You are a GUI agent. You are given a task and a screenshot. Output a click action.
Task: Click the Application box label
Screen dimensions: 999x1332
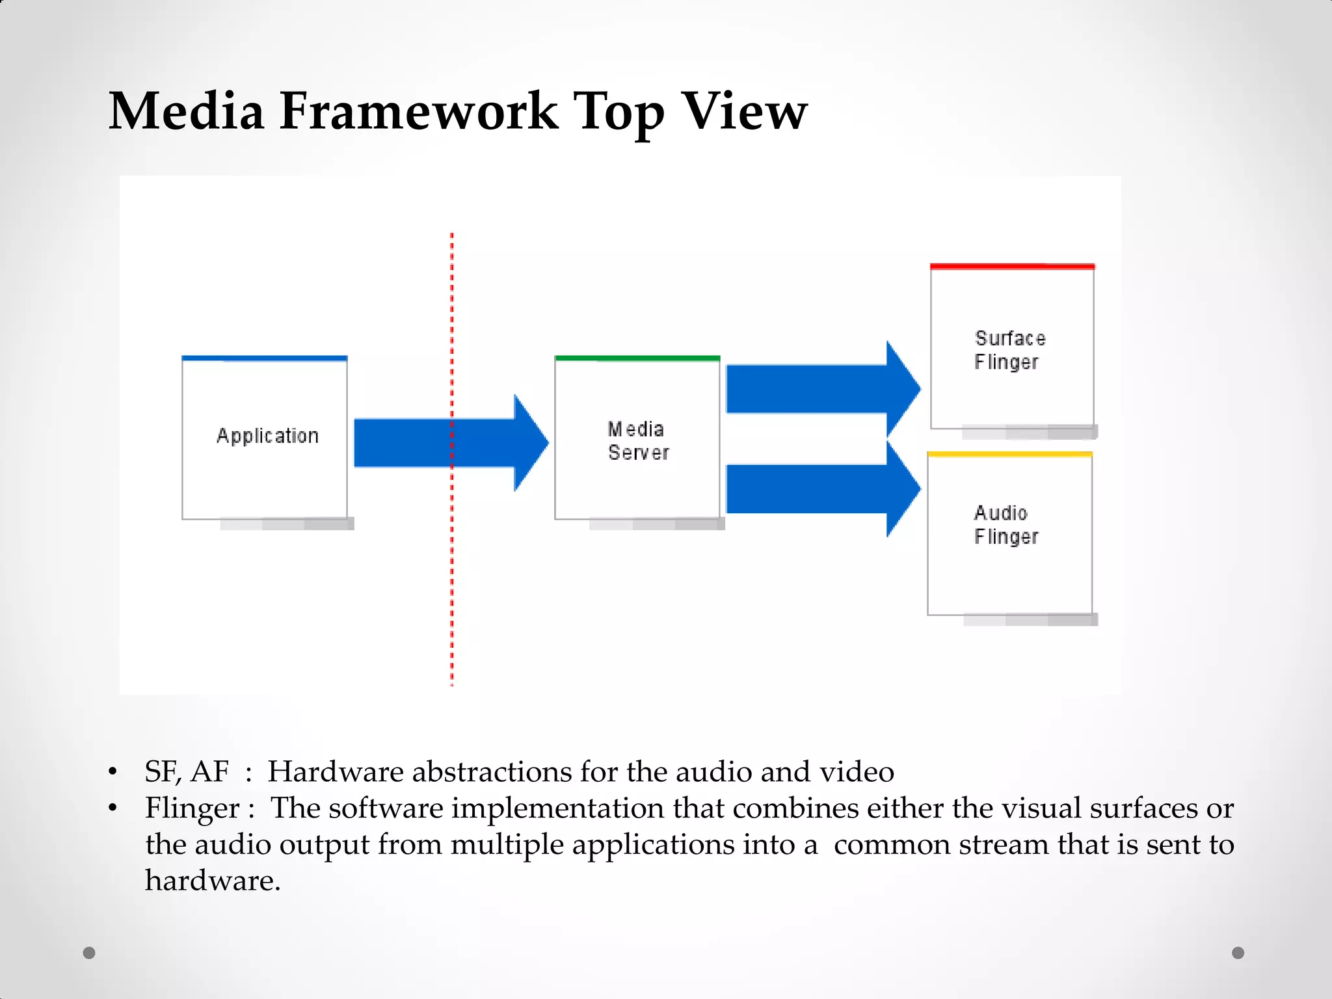(267, 436)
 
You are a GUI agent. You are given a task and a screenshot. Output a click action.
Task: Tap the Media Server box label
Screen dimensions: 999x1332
(637, 440)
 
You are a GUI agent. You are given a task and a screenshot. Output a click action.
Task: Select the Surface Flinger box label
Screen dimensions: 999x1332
(1009, 350)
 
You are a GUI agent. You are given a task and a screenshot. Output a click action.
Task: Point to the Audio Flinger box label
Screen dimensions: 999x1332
(1006, 525)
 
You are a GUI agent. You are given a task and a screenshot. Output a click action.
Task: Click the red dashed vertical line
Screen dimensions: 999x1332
(452, 585)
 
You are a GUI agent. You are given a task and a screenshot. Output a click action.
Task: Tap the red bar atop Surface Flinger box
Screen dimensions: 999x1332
(1012, 267)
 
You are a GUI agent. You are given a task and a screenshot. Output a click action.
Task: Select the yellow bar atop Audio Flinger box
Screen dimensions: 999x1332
(1009, 454)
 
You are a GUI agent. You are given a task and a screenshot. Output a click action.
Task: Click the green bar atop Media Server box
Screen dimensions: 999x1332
(637, 358)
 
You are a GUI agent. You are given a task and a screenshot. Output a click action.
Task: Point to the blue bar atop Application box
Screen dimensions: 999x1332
(265, 358)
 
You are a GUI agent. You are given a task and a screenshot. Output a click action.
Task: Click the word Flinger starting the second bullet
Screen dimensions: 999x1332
(193, 808)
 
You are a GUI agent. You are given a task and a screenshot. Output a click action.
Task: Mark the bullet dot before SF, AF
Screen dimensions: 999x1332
(113, 772)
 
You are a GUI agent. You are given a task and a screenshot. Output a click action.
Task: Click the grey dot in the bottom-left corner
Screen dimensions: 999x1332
(89, 953)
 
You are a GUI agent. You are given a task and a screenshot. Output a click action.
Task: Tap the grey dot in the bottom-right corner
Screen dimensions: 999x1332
(1238, 953)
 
